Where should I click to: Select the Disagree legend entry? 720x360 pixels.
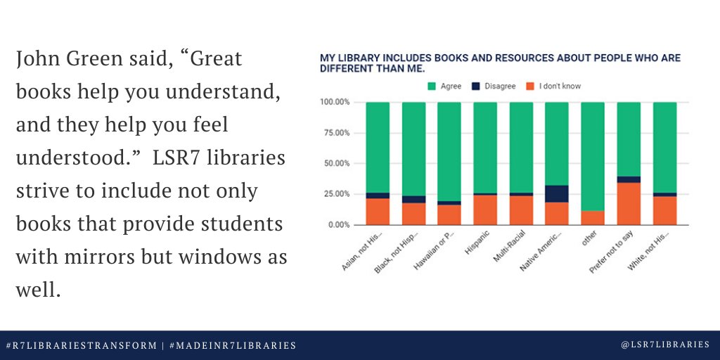(497, 86)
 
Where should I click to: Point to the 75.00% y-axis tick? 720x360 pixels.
(335, 133)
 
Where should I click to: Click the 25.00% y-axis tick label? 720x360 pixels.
(335, 194)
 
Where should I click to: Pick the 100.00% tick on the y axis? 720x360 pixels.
(333, 103)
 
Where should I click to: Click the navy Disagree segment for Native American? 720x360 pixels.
(557, 193)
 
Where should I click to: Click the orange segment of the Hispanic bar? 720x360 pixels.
(485, 210)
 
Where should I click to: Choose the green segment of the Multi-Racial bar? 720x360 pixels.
(521, 147)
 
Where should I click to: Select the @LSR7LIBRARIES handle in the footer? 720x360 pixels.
(666, 345)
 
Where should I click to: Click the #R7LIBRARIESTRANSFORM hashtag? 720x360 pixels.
(82, 345)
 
